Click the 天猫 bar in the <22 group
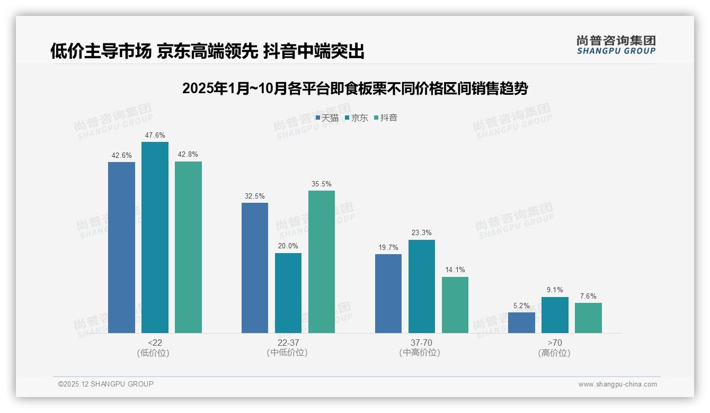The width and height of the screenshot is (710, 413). [x=121, y=247]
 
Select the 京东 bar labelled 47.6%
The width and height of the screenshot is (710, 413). [x=155, y=237]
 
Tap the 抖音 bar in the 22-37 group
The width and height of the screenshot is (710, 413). [x=322, y=262]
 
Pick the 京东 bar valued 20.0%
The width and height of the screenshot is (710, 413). [x=288, y=293]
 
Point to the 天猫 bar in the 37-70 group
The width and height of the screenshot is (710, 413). [x=388, y=293]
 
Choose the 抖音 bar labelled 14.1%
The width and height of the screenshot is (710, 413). [x=455, y=305]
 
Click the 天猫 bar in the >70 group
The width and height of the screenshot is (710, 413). [x=521, y=322]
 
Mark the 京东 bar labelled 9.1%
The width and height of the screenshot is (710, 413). [x=555, y=315]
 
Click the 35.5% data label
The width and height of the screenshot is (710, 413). [x=322, y=184]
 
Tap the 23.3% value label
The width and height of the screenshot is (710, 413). [x=422, y=233]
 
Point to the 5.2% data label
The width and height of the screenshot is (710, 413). [x=521, y=306]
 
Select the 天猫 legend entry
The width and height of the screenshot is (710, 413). [x=327, y=118]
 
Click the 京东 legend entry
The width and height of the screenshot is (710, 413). [x=357, y=118]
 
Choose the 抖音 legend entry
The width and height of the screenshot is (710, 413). [x=386, y=118]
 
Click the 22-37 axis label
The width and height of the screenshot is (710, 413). [x=288, y=343]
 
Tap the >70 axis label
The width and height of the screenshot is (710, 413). [x=555, y=343]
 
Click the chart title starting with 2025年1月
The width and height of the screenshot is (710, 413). [x=355, y=88]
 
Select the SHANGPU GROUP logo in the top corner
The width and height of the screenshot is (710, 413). [x=616, y=44]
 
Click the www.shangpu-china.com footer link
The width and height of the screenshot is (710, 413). [x=617, y=384]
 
